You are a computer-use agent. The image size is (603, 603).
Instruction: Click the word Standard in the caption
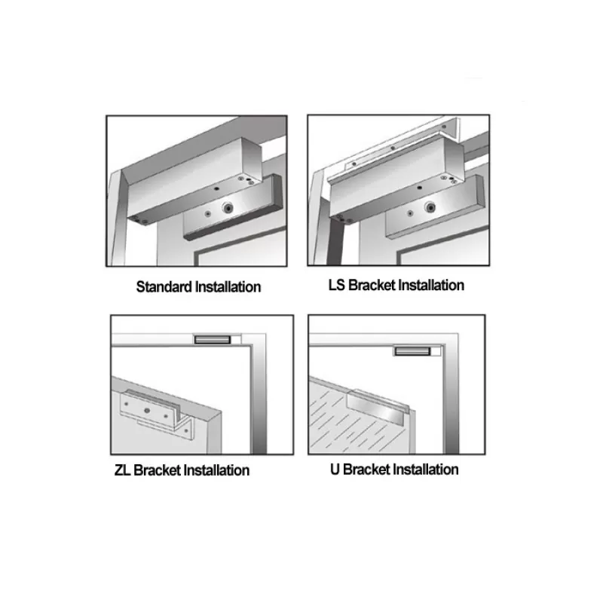click(164, 287)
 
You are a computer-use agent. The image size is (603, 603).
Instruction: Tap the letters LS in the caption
click(336, 286)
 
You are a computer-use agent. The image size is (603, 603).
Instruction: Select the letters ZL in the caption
click(122, 470)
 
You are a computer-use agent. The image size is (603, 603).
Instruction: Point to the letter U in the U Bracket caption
click(335, 470)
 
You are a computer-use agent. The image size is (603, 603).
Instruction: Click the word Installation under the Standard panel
click(228, 287)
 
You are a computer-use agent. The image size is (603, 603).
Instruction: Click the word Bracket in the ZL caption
click(158, 470)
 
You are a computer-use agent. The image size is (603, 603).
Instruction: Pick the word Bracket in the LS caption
click(372, 286)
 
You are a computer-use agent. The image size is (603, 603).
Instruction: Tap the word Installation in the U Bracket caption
click(426, 470)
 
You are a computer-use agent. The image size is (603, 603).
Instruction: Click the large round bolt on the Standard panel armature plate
click(228, 208)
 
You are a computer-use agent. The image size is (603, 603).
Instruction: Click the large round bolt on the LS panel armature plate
click(430, 208)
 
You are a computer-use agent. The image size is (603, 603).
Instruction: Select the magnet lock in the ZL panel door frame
click(213, 340)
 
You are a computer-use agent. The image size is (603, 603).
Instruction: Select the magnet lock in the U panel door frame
click(412, 350)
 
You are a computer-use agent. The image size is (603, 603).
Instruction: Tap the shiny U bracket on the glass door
click(375, 409)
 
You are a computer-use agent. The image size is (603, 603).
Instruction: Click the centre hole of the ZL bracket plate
click(147, 411)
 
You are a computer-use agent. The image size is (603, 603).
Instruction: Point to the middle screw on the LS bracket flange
click(393, 148)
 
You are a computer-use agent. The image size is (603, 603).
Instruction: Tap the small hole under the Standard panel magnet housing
click(216, 189)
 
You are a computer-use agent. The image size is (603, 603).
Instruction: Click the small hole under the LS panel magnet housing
click(420, 188)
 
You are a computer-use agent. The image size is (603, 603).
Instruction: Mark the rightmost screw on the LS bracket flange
click(444, 126)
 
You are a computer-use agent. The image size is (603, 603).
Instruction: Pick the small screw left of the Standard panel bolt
click(208, 213)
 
